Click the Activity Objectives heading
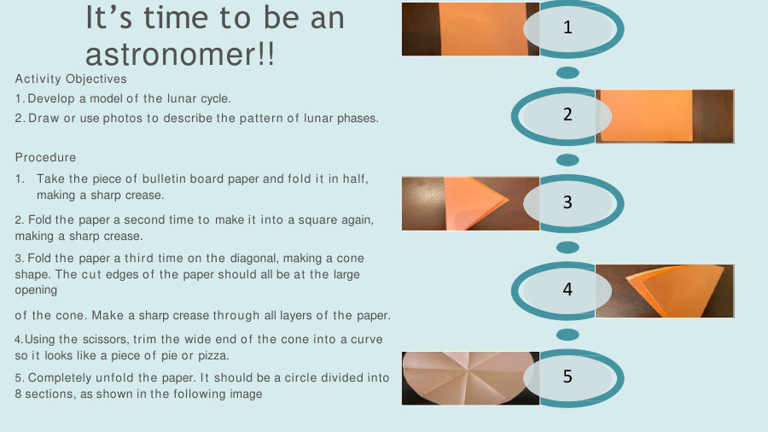click(71, 79)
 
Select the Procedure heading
click(45, 157)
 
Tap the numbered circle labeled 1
click(567, 28)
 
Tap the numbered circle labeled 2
click(567, 115)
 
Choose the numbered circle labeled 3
click(567, 202)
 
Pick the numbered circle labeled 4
click(567, 289)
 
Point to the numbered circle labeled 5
click(567, 377)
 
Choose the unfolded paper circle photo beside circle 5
click(461, 378)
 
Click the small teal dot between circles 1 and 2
click(567, 73)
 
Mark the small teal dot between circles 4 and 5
click(567, 334)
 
